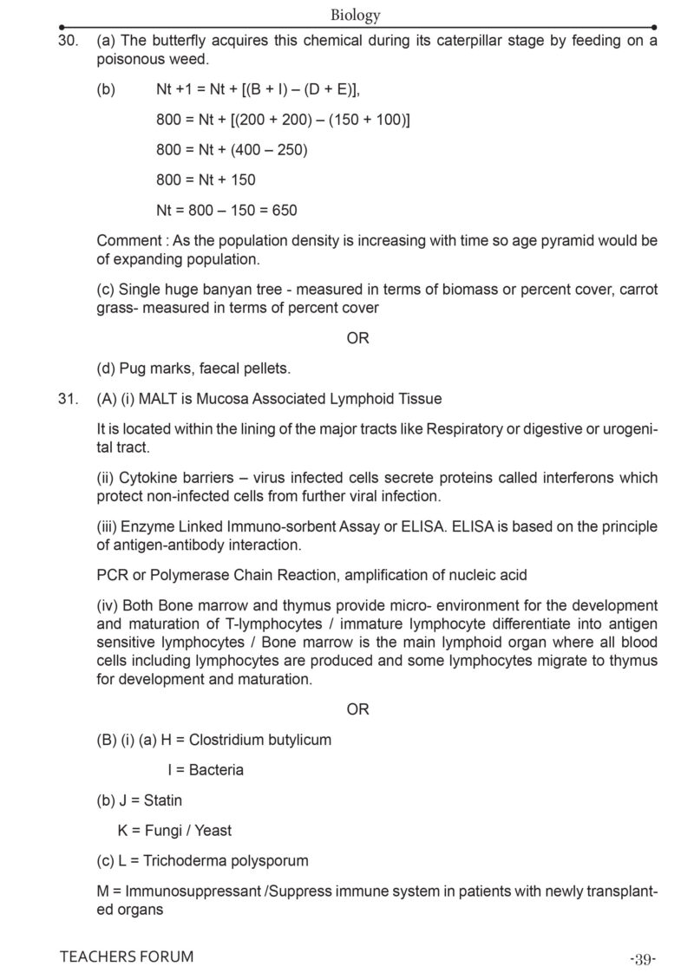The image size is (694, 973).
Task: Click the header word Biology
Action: coord(356,15)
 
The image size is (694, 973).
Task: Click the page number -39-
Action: coord(643,958)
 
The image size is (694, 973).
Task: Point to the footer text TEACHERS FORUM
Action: coord(127,957)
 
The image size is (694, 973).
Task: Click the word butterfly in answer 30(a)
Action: coord(180,41)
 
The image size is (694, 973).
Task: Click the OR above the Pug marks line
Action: coord(357,338)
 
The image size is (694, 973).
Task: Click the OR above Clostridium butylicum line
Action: coord(357,709)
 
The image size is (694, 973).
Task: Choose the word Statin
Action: coord(163,800)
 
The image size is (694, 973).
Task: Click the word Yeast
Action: coord(213,831)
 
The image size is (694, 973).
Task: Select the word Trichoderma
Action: coord(181,861)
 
